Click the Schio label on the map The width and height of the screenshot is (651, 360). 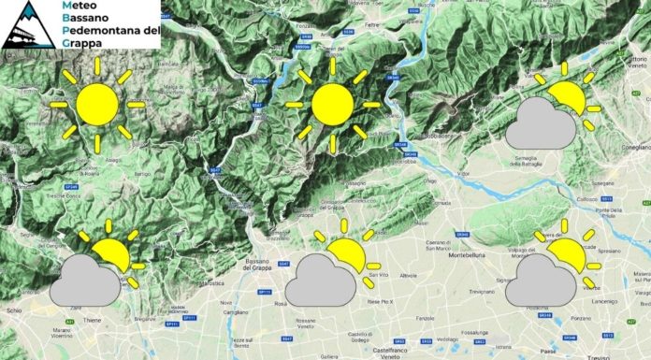[12, 307]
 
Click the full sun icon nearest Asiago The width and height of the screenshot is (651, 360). [97, 104]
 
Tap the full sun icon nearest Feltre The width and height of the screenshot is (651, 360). [332, 104]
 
